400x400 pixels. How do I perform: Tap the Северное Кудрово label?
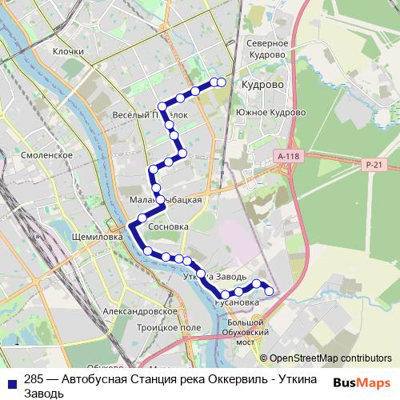point(267,48)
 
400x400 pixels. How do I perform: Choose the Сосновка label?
point(169,227)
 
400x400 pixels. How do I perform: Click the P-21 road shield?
point(372,163)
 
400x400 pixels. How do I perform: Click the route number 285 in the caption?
point(34,379)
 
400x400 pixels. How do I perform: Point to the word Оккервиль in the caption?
point(232,379)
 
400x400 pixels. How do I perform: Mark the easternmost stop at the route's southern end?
point(269,291)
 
